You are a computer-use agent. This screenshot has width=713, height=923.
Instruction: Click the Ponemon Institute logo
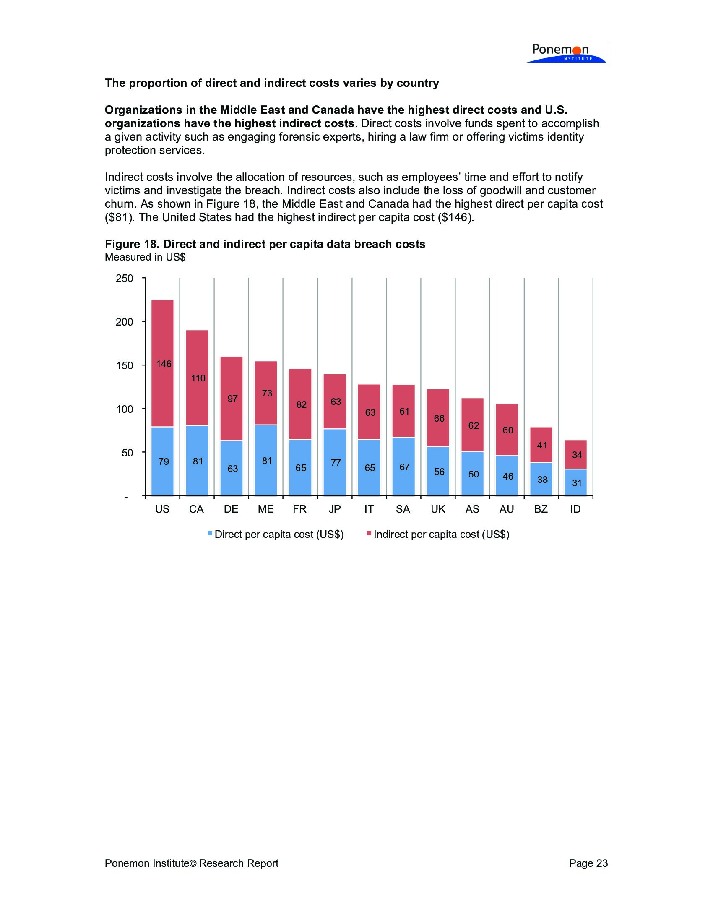point(565,53)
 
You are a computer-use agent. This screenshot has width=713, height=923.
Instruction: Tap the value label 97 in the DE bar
point(233,399)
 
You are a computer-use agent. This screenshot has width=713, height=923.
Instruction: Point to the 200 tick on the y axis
point(125,322)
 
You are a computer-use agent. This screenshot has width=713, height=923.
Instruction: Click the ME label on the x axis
point(265,509)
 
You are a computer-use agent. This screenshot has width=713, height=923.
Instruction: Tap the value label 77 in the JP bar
point(336,463)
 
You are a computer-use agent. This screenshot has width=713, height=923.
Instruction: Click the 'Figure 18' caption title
point(265,244)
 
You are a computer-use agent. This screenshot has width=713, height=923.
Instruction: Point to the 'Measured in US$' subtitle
point(145,257)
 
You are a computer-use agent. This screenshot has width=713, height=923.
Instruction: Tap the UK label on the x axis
point(438,509)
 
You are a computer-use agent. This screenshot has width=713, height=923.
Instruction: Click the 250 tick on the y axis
point(125,279)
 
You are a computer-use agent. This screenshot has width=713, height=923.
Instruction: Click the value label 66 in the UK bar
point(439,418)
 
